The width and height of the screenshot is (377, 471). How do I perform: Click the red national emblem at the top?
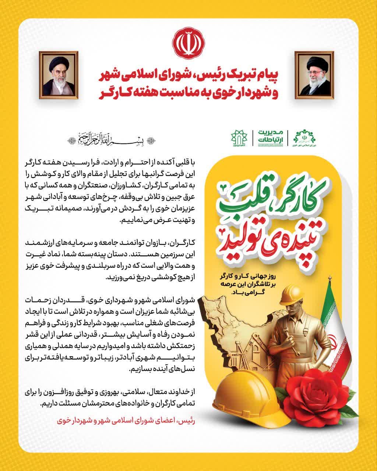click(x=188, y=43)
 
